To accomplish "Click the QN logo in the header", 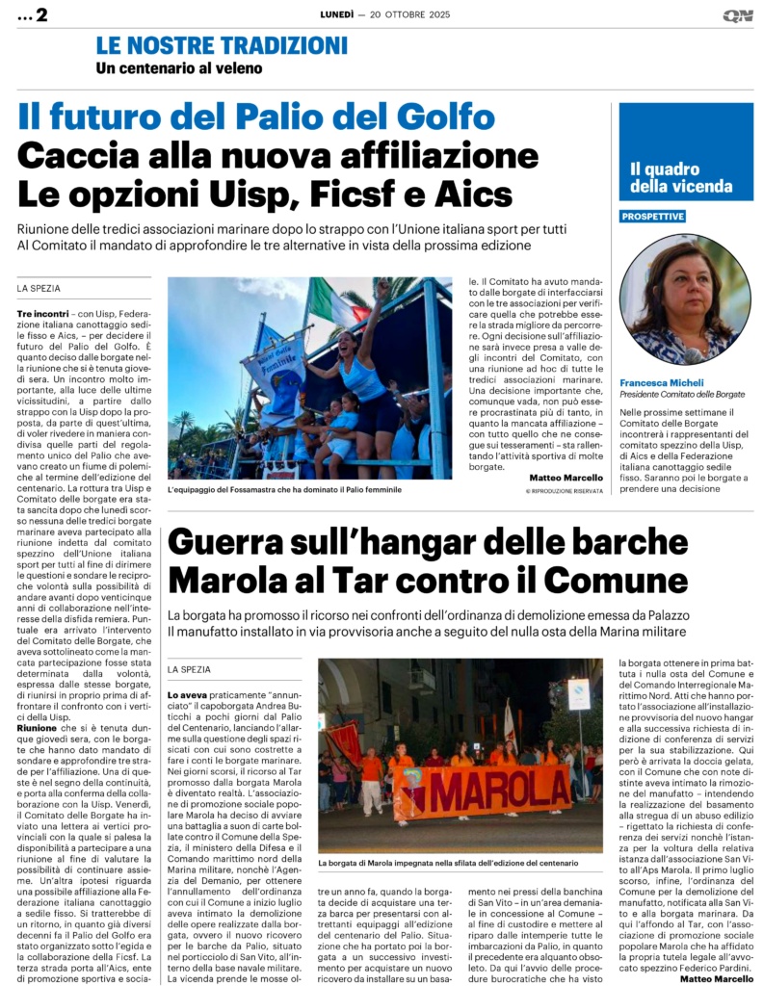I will pyautogui.click(x=738, y=15).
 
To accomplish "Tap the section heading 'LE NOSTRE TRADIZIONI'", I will pyautogui.click(x=222, y=45).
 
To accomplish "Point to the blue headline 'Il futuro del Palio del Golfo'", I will pyautogui.click(x=256, y=117).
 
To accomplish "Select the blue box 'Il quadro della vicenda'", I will pyautogui.click(x=685, y=178).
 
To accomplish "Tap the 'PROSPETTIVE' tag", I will pyautogui.click(x=652, y=217).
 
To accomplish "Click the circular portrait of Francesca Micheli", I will pyautogui.click(x=684, y=298).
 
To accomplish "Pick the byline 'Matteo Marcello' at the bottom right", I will pyautogui.click(x=717, y=978).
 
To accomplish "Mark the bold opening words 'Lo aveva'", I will pyautogui.click(x=188, y=694).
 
